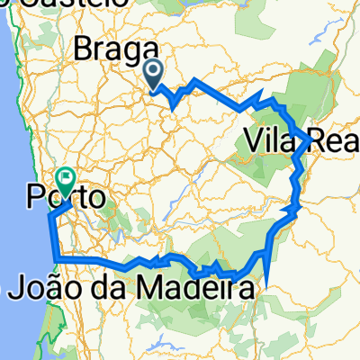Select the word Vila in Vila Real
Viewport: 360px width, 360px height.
262,140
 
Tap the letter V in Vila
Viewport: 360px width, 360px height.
251,140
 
